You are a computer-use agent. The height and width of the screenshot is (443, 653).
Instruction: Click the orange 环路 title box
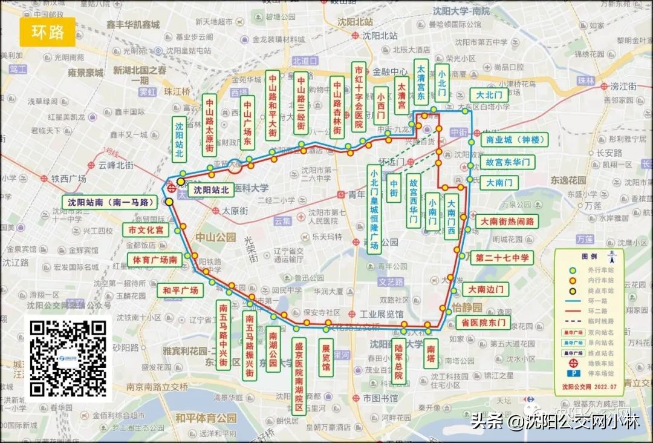tap(48, 32)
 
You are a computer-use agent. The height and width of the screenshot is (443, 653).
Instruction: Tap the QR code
tap(68, 359)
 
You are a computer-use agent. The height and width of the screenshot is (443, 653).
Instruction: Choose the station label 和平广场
tap(180, 290)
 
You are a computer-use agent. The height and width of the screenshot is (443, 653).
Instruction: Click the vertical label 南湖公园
tap(273, 349)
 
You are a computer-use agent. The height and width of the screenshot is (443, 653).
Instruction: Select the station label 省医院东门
tap(482, 322)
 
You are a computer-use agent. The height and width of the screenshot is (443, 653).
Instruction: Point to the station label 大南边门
tap(486, 289)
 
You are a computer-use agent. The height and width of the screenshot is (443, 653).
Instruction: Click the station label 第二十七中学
tap(502, 258)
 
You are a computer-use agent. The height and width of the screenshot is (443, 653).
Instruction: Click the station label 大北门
tap(489, 95)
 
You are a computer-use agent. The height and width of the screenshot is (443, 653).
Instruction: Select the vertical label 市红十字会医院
tap(359, 97)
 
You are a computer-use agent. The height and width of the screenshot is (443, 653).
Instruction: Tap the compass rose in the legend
tap(613, 257)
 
